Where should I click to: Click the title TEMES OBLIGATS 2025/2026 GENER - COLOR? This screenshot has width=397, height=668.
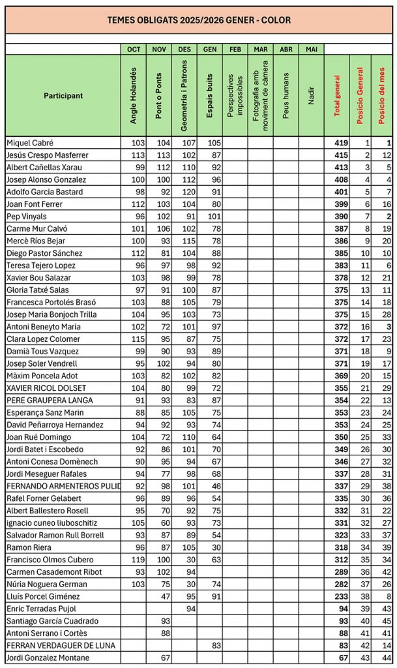coord(198,20)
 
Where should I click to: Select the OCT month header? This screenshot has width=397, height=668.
coord(134,49)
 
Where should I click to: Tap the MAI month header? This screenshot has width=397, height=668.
coord(311,49)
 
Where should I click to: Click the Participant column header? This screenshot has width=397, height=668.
coord(63,95)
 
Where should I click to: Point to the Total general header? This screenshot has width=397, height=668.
coord(337,95)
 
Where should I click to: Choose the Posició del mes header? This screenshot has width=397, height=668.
coord(381,95)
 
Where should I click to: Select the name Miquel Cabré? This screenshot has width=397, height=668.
coord(30,143)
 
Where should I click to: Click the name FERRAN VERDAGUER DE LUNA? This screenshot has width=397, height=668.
coord(51,645)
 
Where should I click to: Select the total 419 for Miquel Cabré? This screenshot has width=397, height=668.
coord(341,143)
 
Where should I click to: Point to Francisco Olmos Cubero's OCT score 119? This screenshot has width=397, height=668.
coord(137,560)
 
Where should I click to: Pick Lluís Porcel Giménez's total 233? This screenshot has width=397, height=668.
coord(341,596)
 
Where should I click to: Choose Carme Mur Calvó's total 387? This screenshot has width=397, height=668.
coord(341,229)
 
